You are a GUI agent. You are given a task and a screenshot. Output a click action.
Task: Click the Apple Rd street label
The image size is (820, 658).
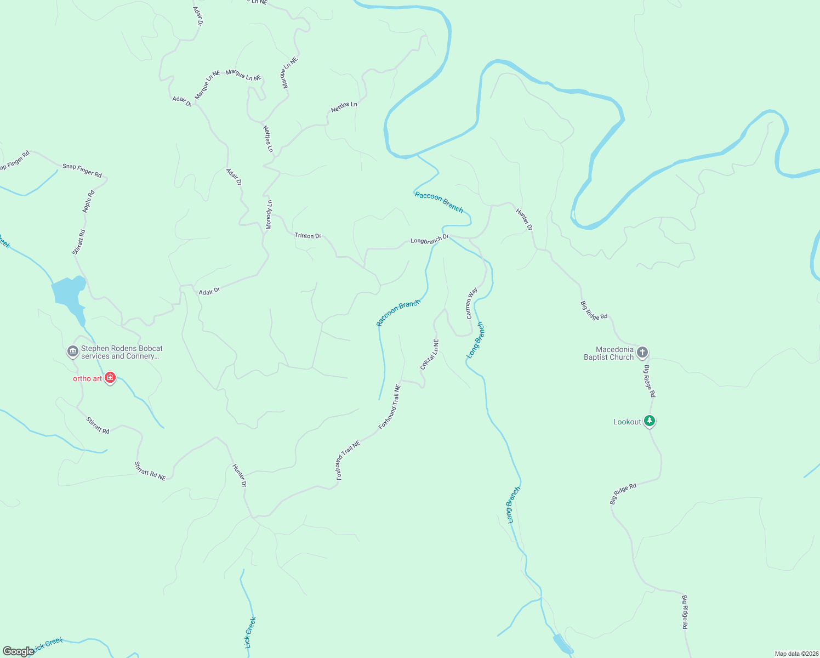click(x=89, y=201)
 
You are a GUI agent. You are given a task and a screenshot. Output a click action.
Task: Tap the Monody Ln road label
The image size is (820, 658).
click(x=269, y=214)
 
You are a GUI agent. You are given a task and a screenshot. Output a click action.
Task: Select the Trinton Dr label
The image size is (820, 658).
click(x=308, y=236)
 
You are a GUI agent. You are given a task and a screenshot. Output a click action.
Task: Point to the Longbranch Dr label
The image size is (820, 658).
click(x=430, y=240)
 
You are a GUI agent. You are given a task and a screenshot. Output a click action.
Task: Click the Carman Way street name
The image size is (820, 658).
click(x=471, y=303)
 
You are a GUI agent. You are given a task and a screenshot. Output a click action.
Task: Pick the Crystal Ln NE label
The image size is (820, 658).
click(x=430, y=354)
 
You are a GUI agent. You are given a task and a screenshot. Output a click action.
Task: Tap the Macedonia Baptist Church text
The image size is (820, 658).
click(x=608, y=353)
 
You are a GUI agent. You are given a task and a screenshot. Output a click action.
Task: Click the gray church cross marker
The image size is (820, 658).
click(x=642, y=352)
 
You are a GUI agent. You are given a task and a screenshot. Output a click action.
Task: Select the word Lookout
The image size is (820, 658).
click(x=627, y=422)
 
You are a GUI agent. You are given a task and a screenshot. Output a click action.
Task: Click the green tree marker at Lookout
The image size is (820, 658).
click(x=650, y=421)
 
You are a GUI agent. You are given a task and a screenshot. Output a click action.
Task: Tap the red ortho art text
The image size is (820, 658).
click(x=88, y=378)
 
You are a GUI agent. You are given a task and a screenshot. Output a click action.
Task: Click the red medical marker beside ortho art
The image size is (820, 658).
click(x=110, y=378)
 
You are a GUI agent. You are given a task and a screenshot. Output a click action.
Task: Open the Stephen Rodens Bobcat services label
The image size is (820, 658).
click(x=122, y=352)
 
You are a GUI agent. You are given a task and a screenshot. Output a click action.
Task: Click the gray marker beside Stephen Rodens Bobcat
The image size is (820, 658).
click(x=72, y=351)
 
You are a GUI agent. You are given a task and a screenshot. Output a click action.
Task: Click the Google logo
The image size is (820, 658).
click(x=19, y=651)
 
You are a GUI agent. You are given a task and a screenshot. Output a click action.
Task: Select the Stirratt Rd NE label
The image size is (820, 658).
click(x=150, y=471)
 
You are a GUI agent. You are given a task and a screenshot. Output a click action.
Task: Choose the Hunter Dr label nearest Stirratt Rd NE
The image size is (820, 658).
click(x=240, y=475)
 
